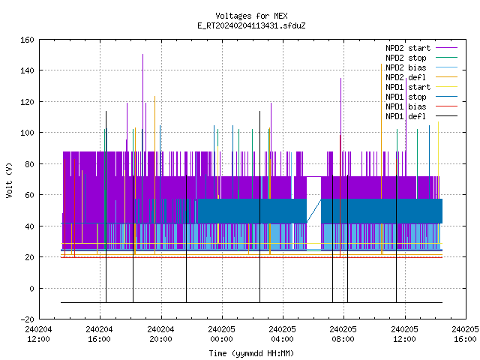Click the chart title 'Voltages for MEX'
[251, 16]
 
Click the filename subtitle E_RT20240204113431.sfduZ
[251, 25]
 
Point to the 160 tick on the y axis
[27, 40]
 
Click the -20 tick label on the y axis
[27, 319]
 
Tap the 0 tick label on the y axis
[31, 288]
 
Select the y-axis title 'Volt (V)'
[9, 180]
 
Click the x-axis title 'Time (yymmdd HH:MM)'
[251, 353]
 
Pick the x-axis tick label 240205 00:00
[222, 334]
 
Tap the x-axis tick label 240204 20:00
[160, 334]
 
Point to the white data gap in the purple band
[313, 214]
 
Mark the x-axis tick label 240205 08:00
[343, 334]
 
